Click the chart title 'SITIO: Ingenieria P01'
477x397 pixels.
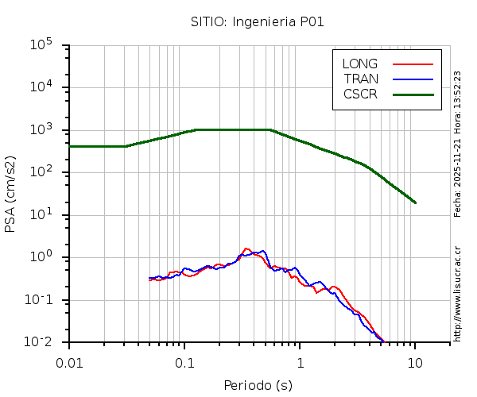point(257,21)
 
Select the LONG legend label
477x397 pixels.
point(360,64)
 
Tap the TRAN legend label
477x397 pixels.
point(361,79)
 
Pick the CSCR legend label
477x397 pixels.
point(360,94)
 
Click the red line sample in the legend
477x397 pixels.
point(413,64)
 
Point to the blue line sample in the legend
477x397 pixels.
point(413,79)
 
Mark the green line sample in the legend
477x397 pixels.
point(413,94)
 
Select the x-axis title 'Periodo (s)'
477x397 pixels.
point(258,386)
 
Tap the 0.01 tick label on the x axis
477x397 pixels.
point(69,362)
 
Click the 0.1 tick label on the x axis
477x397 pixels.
point(184,362)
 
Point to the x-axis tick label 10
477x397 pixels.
point(415,362)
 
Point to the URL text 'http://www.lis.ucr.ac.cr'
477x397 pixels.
point(458,293)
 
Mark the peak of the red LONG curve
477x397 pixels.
point(246,249)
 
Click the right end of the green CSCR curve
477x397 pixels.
point(415,202)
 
